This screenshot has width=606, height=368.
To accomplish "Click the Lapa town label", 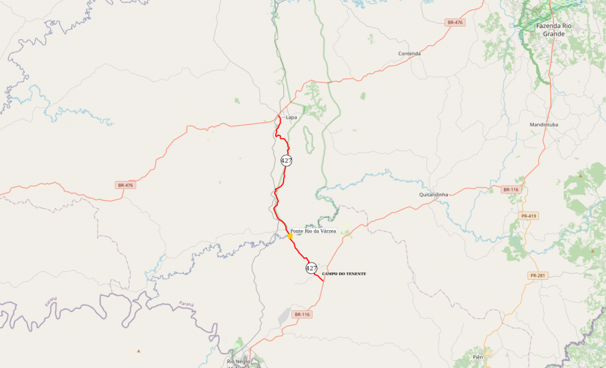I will click(x=291, y=117).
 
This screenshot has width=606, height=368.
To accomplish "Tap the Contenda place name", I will click(x=409, y=54).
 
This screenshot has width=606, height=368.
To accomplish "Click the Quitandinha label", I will click(x=434, y=194).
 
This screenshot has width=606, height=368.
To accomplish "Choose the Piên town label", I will click(x=478, y=357).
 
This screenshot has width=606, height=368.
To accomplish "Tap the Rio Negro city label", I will click(x=239, y=361).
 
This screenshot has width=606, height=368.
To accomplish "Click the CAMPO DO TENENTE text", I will click(x=344, y=274).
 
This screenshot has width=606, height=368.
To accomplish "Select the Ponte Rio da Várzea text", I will click(x=313, y=231).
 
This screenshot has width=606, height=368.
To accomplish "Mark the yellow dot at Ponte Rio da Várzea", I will click(x=290, y=236).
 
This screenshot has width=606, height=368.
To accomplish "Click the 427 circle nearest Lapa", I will click(x=286, y=160).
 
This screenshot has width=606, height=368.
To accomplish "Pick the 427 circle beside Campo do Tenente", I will click(x=311, y=268).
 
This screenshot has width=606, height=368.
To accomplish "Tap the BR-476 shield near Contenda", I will click(x=455, y=23).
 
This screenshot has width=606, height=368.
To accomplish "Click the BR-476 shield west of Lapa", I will click(x=125, y=185).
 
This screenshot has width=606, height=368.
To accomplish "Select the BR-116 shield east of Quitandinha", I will click(x=510, y=190).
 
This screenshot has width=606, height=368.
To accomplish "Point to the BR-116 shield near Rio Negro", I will click(x=301, y=314).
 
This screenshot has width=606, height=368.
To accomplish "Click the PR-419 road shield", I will click(x=529, y=215).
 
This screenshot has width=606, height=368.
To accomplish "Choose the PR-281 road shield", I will click(x=536, y=275).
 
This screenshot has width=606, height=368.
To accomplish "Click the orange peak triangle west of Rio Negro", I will click(x=138, y=350).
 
